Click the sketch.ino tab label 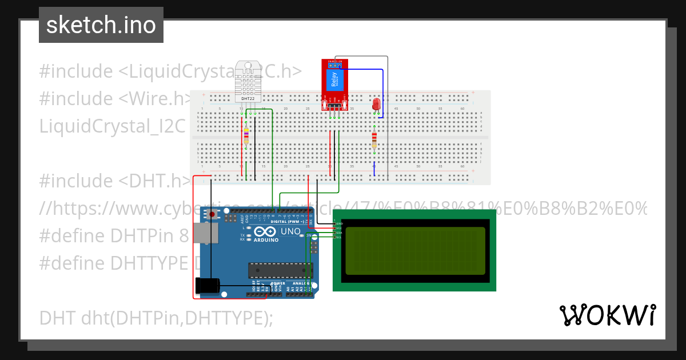coord(101,25)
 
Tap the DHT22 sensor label coord(247,99)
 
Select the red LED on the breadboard coord(376,104)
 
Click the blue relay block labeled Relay coord(334,80)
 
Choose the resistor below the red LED coord(374,139)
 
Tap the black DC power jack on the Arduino coord(207,285)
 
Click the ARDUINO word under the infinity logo coord(266,240)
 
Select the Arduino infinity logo coord(266,231)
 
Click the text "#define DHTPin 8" coord(114,235)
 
